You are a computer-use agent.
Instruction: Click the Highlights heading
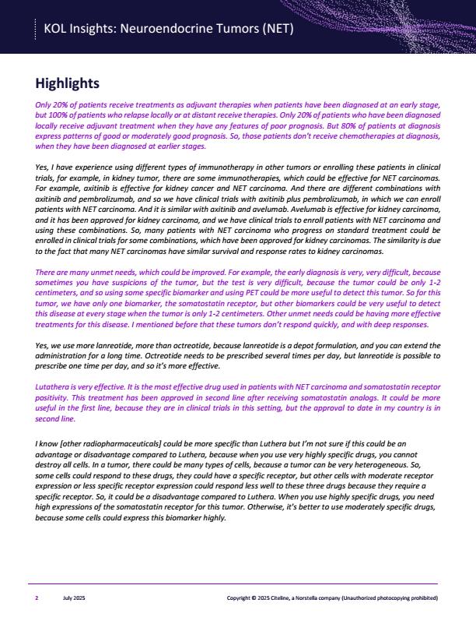point(67,83)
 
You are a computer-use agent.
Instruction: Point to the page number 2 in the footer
point(37,598)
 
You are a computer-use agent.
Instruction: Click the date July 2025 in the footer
point(72,598)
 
